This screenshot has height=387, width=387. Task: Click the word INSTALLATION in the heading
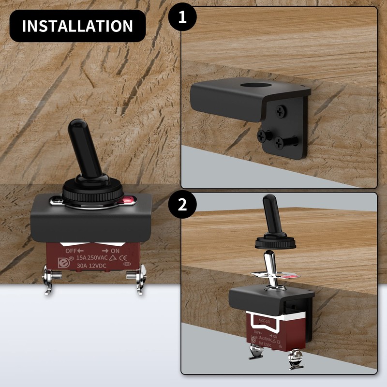(x=77, y=26)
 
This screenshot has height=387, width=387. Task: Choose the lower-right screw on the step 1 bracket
(x=279, y=143)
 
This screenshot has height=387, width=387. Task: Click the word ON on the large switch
(x=115, y=251)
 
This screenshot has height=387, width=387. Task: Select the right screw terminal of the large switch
(x=135, y=278)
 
